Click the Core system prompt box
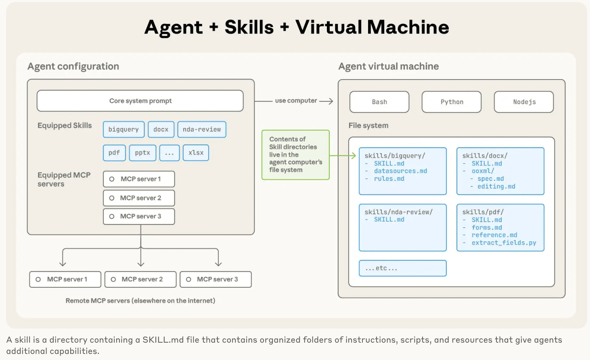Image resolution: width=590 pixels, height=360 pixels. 140,101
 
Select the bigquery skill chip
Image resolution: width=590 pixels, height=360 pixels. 123,130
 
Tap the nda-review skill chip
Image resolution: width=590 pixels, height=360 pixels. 201,130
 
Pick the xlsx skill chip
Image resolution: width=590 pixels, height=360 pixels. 196,153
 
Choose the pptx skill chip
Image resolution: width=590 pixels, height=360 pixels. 142,153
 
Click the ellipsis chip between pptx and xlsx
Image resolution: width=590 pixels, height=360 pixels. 169,153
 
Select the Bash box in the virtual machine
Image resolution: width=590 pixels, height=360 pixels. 379,102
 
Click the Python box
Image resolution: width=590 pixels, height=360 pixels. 452,102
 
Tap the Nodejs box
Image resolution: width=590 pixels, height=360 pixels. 524,102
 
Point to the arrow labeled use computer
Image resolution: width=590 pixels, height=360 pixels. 296,101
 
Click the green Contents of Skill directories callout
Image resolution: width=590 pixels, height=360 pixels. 295,155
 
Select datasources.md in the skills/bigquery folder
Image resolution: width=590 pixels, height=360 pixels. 400,171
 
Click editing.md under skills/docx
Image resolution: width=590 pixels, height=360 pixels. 496,186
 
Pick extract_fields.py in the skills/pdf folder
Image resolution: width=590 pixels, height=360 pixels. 504,243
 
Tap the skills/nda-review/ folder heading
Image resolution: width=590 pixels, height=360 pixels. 398,212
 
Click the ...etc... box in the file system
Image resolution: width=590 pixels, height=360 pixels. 402,268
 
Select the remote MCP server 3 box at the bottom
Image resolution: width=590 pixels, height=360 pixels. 215,279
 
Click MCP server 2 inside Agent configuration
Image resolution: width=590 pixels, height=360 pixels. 139,198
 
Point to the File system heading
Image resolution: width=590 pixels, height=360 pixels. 368,126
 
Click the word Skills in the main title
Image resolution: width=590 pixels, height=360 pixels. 249,27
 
